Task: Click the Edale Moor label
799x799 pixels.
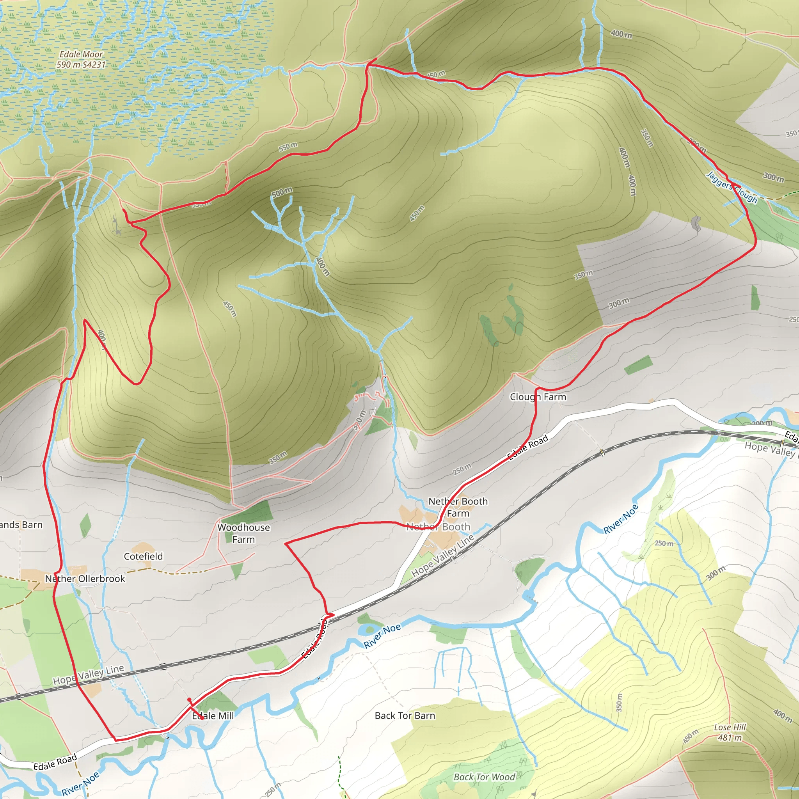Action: click(81, 54)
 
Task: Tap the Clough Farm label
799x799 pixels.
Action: click(538, 397)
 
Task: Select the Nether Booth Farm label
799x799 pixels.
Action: click(458, 507)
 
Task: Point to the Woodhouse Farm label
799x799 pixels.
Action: click(243, 533)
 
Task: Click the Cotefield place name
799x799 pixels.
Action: click(143, 556)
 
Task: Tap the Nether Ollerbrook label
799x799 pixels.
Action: click(85, 579)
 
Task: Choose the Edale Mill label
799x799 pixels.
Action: click(213, 716)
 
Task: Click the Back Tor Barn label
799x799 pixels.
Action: click(405, 716)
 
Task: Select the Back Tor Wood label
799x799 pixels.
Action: click(484, 777)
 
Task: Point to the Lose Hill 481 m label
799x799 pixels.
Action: click(730, 732)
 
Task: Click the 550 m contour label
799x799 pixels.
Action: click(288, 147)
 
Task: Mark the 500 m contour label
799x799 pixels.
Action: click(282, 192)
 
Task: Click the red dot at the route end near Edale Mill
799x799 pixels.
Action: click(189, 700)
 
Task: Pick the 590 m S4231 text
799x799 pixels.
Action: click(81, 64)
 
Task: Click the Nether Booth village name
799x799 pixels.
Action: click(438, 527)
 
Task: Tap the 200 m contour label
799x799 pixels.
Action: click(762, 423)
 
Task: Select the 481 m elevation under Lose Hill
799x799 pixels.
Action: click(730, 738)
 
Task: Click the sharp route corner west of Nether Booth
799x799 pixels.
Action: click(286, 543)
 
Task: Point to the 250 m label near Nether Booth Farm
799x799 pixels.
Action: click(462, 469)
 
